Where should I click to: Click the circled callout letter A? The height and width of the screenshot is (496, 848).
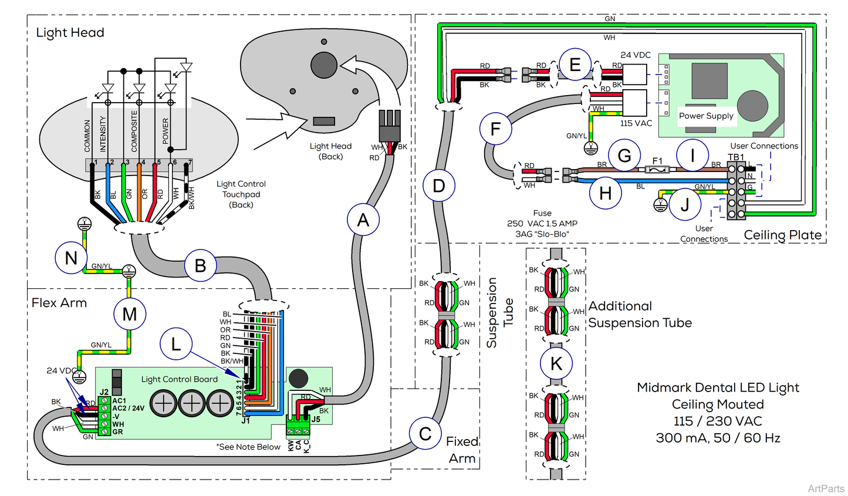point(363,220)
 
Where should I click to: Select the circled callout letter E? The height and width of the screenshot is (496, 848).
point(575,65)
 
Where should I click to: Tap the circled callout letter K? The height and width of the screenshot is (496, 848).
point(556,363)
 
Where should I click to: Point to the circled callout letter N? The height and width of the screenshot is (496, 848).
point(71,258)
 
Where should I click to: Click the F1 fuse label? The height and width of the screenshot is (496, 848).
point(658,160)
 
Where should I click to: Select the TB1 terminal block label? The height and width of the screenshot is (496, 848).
point(735,157)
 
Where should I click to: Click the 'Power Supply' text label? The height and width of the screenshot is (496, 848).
point(706,116)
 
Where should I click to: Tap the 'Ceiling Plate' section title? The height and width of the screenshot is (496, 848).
point(782,235)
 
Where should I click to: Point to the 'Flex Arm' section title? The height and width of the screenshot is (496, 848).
point(59,303)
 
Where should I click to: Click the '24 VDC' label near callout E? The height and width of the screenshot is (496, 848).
point(636,55)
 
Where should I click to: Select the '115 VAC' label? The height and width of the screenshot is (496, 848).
point(636,123)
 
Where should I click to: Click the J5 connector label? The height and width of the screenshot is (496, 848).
point(316,419)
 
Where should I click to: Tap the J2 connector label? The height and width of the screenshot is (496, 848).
point(104,392)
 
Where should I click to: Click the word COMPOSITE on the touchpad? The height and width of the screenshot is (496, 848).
point(134,131)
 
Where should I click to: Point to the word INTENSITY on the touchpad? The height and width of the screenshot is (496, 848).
point(103,134)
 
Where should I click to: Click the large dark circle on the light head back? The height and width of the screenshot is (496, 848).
point(324,65)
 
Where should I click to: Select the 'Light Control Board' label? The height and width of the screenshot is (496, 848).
point(180,379)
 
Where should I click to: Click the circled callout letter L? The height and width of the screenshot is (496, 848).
point(176,344)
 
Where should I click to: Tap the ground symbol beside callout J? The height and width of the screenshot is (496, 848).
point(660,205)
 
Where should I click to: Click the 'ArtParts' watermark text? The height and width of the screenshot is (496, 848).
point(826,488)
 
